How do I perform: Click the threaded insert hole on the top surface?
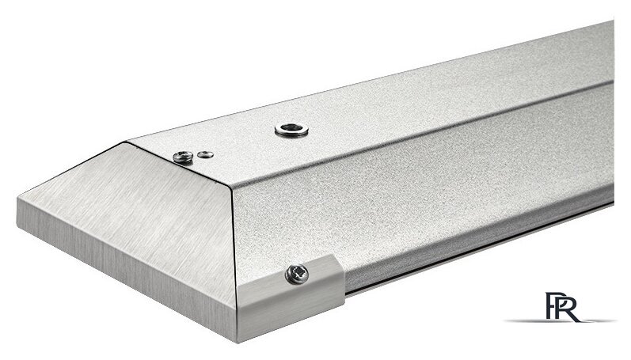[x=292, y=130]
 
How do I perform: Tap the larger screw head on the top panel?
[x=183, y=157]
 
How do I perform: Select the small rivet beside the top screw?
[x=206, y=154]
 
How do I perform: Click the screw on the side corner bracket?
[x=297, y=274]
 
